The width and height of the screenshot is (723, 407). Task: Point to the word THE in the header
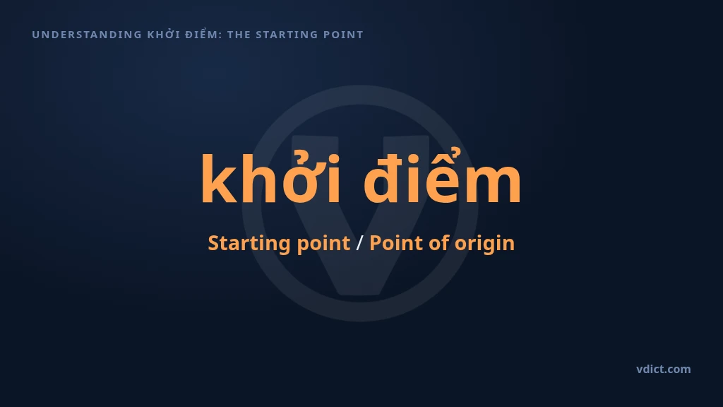(239, 35)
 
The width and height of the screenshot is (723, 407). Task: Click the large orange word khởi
(271, 177)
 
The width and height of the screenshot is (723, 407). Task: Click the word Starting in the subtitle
(249, 243)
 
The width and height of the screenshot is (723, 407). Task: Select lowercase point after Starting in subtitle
(323, 244)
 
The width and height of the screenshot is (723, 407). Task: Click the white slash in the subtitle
(359, 243)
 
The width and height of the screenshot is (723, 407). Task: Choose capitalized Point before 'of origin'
(396, 243)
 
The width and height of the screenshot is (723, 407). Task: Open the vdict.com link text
(664, 369)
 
